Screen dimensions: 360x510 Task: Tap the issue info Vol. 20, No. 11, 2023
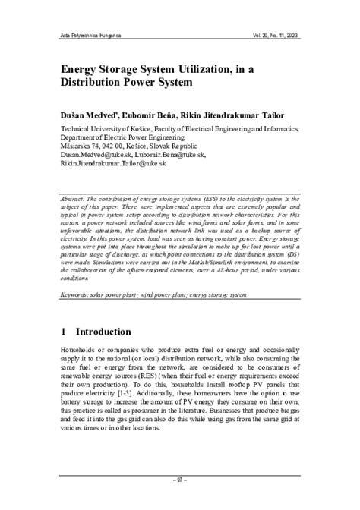point(285,35)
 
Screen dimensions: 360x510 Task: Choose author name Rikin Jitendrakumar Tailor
point(244,113)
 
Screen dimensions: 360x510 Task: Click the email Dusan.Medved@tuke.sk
point(96,153)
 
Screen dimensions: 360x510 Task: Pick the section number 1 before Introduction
point(65,332)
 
